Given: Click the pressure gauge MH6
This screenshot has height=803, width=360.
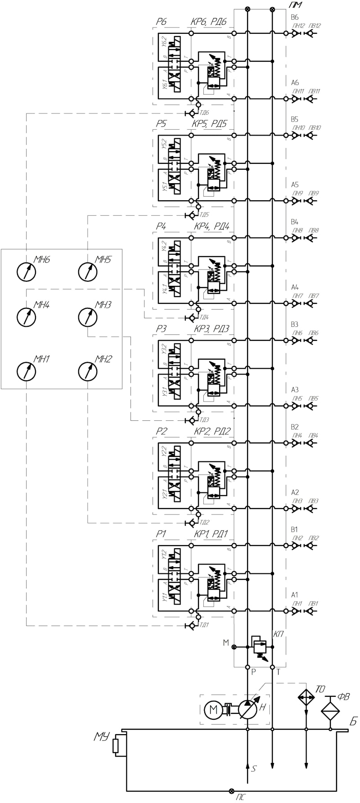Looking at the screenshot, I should pos(26,271).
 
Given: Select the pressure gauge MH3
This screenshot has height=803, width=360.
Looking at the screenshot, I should pos(87,317).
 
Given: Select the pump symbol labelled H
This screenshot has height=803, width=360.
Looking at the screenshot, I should pos(247,710).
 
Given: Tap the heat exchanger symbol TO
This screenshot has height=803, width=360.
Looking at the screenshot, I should pos(306,697).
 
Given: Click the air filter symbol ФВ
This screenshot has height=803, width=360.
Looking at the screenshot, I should pos(330,710).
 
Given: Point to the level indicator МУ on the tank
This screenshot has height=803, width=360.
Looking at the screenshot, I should pos(116,745).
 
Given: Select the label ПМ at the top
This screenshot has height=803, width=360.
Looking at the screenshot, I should pos(295,5).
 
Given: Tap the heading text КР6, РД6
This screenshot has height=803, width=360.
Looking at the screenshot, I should pos(209,22).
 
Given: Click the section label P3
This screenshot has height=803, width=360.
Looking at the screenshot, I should pos(161,329).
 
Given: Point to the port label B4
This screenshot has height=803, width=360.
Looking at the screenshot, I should pos(294,222).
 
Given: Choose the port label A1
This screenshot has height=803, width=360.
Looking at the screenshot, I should pos(294,595).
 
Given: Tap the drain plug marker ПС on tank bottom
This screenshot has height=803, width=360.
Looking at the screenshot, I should pos(232,791).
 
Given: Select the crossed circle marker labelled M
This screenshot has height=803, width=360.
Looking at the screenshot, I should pos(234,647).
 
